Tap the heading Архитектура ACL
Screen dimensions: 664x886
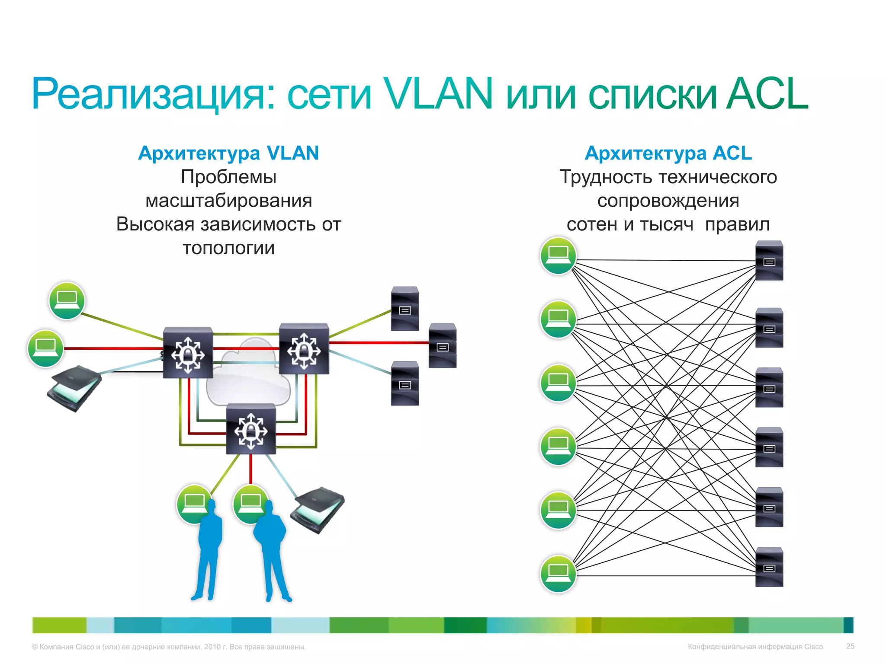[668, 153]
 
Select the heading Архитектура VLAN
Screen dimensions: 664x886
[228, 153]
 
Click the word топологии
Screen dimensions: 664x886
[228, 248]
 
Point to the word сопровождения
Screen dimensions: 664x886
[668, 201]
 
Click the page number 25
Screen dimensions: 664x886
[850, 646]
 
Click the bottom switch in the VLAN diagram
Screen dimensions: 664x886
[251, 429]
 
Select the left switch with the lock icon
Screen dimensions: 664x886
[188, 353]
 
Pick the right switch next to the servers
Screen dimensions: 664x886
[304, 348]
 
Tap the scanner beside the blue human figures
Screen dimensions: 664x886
[318, 510]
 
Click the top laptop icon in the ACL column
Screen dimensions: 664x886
[558, 255]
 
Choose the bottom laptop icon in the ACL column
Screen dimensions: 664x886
[558, 574]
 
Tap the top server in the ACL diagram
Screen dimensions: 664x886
[769, 260]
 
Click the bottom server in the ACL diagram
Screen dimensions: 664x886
[769, 567]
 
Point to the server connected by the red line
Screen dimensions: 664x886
[442, 345]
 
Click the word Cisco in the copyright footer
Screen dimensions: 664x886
[84, 647]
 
